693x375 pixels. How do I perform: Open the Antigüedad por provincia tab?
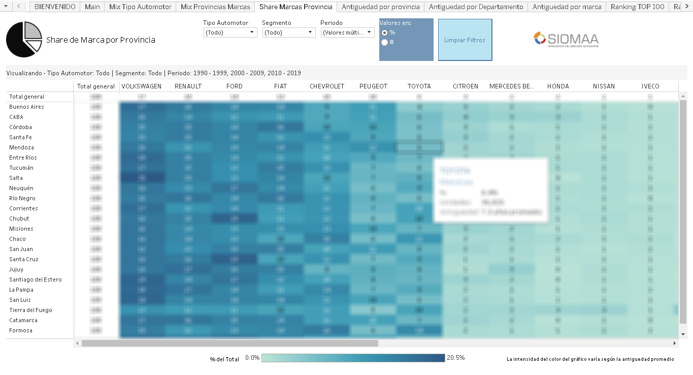click(x=380, y=7)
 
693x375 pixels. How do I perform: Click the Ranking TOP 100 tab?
click(x=637, y=7)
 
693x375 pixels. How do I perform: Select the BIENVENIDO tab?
click(x=55, y=7)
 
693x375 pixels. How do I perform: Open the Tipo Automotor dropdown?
click(x=230, y=33)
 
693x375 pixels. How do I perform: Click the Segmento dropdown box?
click(x=288, y=33)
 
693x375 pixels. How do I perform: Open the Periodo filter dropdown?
click(x=347, y=33)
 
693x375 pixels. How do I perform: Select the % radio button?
click(x=384, y=33)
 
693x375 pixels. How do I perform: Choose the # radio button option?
click(x=384, y=42)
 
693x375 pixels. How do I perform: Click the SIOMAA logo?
click(x=566, y=40)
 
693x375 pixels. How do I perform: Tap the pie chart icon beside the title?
click(x=24, y=40)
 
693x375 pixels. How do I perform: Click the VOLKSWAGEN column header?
click(x=142, y=86)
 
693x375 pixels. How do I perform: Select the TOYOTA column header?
click(x=419, y=86)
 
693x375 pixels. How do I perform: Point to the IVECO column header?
click(x=650, y=86)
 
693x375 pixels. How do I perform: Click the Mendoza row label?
click(x=21, y=147)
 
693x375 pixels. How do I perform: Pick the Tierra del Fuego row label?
click(x=30, y=310)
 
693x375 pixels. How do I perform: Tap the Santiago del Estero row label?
click(x=35, y=279)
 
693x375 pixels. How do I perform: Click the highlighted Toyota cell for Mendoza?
click(x=419, y=147)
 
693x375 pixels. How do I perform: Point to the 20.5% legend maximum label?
click(x=455, y=358)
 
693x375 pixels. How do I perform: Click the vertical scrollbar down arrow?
click(x=683, y=334)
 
